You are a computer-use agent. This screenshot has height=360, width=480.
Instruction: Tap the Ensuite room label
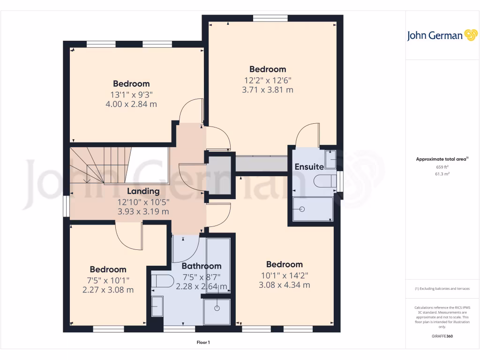tap(309, 167)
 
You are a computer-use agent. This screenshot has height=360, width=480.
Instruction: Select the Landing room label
tap(143, 191)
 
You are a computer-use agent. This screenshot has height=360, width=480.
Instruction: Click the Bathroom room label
tap(202, 266)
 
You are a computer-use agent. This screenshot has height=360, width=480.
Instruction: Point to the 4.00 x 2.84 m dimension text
tap(131, 104)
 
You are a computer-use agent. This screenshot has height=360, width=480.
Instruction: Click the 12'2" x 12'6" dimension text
tap(268, 80)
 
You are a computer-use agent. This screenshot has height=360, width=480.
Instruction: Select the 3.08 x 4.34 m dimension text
tap(284, 285)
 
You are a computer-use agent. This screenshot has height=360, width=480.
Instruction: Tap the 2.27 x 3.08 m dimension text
tap(108, 290)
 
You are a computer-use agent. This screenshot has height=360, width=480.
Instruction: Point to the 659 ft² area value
tap(442, 167)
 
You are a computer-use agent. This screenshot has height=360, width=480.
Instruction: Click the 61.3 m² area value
tap(442, 174)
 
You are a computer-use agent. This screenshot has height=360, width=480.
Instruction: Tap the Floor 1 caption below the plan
tap(203, 343)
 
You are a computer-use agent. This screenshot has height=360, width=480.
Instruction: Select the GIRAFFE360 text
tap(442, 336)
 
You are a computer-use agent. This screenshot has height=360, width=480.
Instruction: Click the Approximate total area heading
tap(442, 159)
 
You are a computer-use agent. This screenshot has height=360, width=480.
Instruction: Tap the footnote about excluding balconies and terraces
tap(442, 289)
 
